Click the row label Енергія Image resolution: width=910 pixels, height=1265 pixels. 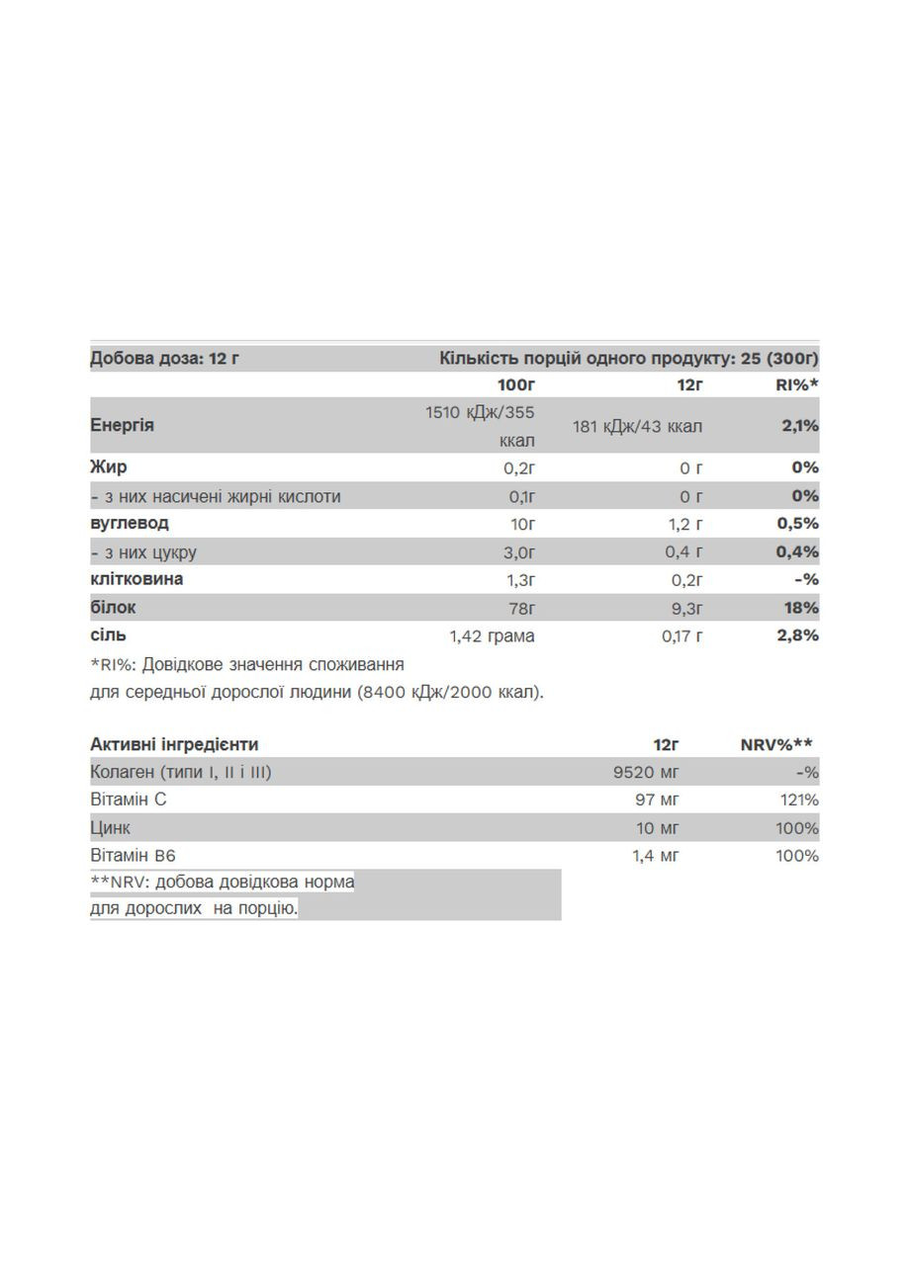[x=123, y=425]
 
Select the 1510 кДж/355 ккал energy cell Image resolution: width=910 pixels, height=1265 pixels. [x=481, y=426]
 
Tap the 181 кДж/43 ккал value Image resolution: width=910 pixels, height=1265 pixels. [x=637, y=426]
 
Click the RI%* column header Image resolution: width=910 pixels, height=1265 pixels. [x=797, y=384]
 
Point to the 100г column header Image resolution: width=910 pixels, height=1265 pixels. [x=515, y=384]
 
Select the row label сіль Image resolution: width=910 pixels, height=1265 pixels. [x=108, y=634]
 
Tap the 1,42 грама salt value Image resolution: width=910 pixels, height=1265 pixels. [x=492, y=635]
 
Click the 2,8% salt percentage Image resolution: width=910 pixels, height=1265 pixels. [x=799, y=634]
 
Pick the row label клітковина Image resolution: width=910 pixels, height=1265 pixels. [x=136, y=578]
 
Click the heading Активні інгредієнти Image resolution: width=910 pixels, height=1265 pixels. [x=174, y=744]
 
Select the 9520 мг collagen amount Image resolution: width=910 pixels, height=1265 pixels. [x=646, y=772]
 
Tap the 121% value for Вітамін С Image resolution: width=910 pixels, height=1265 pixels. [x=797, y=800]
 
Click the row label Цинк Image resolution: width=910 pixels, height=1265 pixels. [x=110, y=827]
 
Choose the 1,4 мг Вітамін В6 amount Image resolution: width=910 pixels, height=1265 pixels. [x=656, y=855]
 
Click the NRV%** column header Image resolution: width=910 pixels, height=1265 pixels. [x=776, y=744]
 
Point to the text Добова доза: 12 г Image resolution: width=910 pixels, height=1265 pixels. [x=164, y=358]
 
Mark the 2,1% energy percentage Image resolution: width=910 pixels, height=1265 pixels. [x=799, y=426]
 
